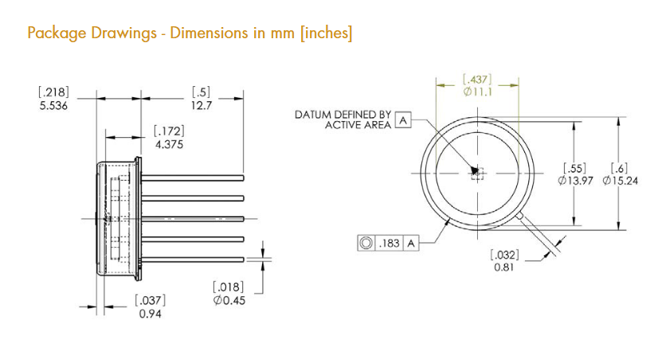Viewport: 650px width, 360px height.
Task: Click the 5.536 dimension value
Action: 53,106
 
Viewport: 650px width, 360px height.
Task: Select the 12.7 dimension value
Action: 202,106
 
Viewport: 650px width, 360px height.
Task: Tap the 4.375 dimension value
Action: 169,145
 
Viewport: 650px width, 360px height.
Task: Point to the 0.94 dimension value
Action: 150,314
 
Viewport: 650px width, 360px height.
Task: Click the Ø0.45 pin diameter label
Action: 229,300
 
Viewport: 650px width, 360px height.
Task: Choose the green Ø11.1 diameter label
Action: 478,92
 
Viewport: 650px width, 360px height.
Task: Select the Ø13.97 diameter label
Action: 575,181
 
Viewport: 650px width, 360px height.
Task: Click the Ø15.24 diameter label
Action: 621,181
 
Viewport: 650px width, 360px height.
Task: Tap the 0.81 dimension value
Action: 504,267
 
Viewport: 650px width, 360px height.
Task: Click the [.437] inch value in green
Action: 477,79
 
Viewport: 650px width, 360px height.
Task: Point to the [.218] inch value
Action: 54,92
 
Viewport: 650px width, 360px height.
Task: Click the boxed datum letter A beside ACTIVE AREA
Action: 403,120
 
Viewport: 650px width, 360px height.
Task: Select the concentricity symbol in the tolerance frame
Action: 366,243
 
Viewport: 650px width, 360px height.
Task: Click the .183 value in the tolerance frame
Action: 390,243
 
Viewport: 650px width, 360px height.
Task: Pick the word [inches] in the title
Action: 327,33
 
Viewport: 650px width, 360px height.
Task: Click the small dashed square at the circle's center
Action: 478,174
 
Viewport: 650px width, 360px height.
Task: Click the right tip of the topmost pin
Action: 243,178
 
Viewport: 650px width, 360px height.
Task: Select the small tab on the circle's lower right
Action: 519,216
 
